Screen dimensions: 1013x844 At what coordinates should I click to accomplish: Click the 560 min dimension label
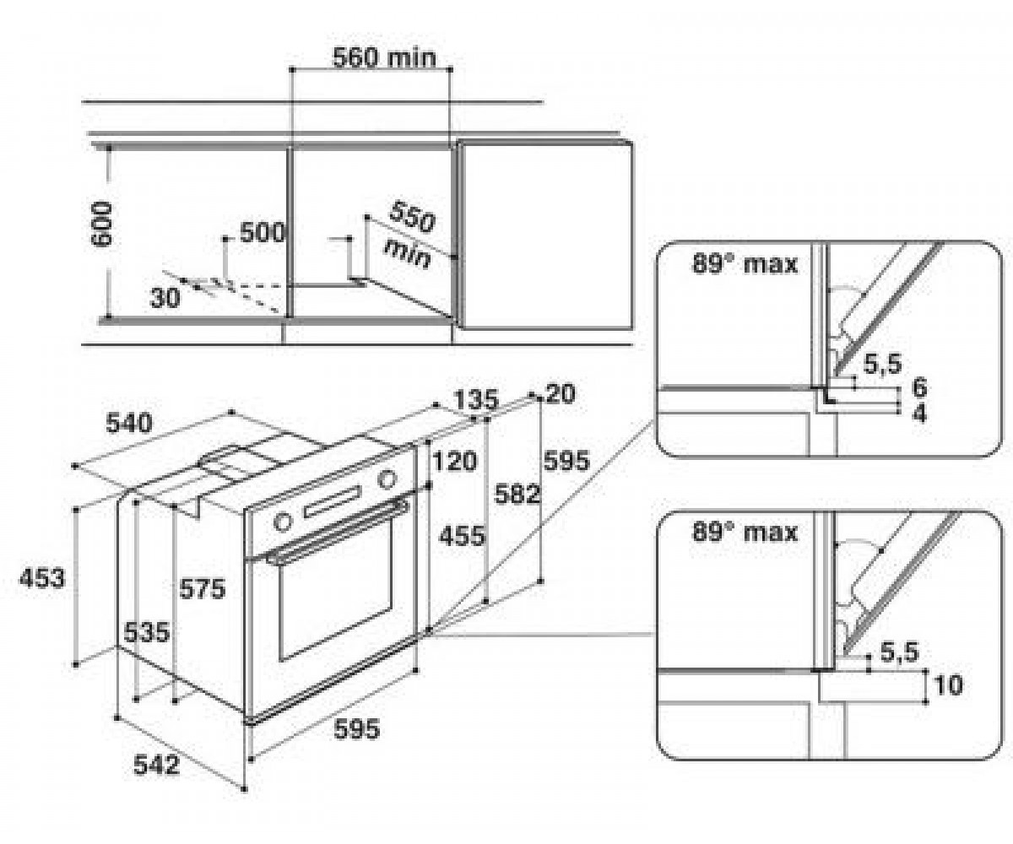384,57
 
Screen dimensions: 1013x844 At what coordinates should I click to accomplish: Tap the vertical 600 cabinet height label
103,224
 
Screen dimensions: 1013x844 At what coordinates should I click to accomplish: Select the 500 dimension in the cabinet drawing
263,232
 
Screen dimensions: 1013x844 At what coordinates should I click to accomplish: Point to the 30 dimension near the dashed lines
165,297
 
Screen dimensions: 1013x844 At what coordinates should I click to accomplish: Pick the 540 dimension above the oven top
129,423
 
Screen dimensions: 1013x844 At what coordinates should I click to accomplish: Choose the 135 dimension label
475,399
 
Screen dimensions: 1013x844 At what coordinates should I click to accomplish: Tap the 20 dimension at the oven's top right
561,393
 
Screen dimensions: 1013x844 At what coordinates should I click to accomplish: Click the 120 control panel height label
454,461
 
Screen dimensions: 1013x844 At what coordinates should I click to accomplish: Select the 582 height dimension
517,495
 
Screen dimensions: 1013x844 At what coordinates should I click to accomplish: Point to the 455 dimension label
462,536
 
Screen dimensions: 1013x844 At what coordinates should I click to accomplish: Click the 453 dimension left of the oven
41,578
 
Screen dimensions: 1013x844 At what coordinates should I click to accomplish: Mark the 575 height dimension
203,589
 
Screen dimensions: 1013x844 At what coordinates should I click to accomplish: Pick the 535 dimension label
147,632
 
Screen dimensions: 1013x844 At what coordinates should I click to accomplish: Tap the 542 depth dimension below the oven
156,766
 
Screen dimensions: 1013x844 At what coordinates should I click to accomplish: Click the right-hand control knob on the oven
387,479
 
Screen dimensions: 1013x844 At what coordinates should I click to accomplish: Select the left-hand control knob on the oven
283,522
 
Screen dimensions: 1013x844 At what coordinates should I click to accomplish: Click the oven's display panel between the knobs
333,502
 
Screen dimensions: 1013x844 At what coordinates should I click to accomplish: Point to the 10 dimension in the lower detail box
947,684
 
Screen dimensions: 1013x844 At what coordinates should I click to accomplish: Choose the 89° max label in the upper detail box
745,265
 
